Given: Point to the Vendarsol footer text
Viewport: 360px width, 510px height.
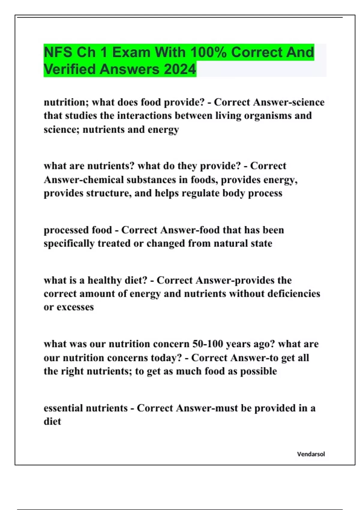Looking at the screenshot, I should (311, 454).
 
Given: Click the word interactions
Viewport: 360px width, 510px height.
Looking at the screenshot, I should (145, 116).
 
